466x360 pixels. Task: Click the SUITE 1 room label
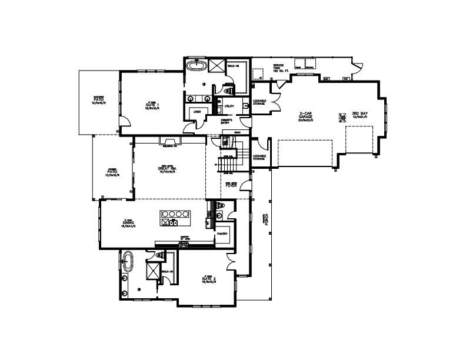click(x=153, y=105)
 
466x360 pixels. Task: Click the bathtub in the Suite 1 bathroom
click(x=195, y=66)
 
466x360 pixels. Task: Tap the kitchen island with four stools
click(x=174, y=218)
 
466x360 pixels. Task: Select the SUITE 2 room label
click(x=208, y=279)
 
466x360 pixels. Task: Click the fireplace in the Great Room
click(x=170, y=140)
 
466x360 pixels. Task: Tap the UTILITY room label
click(x=229, y=106)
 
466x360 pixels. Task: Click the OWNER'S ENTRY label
click(x=226, y=122)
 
